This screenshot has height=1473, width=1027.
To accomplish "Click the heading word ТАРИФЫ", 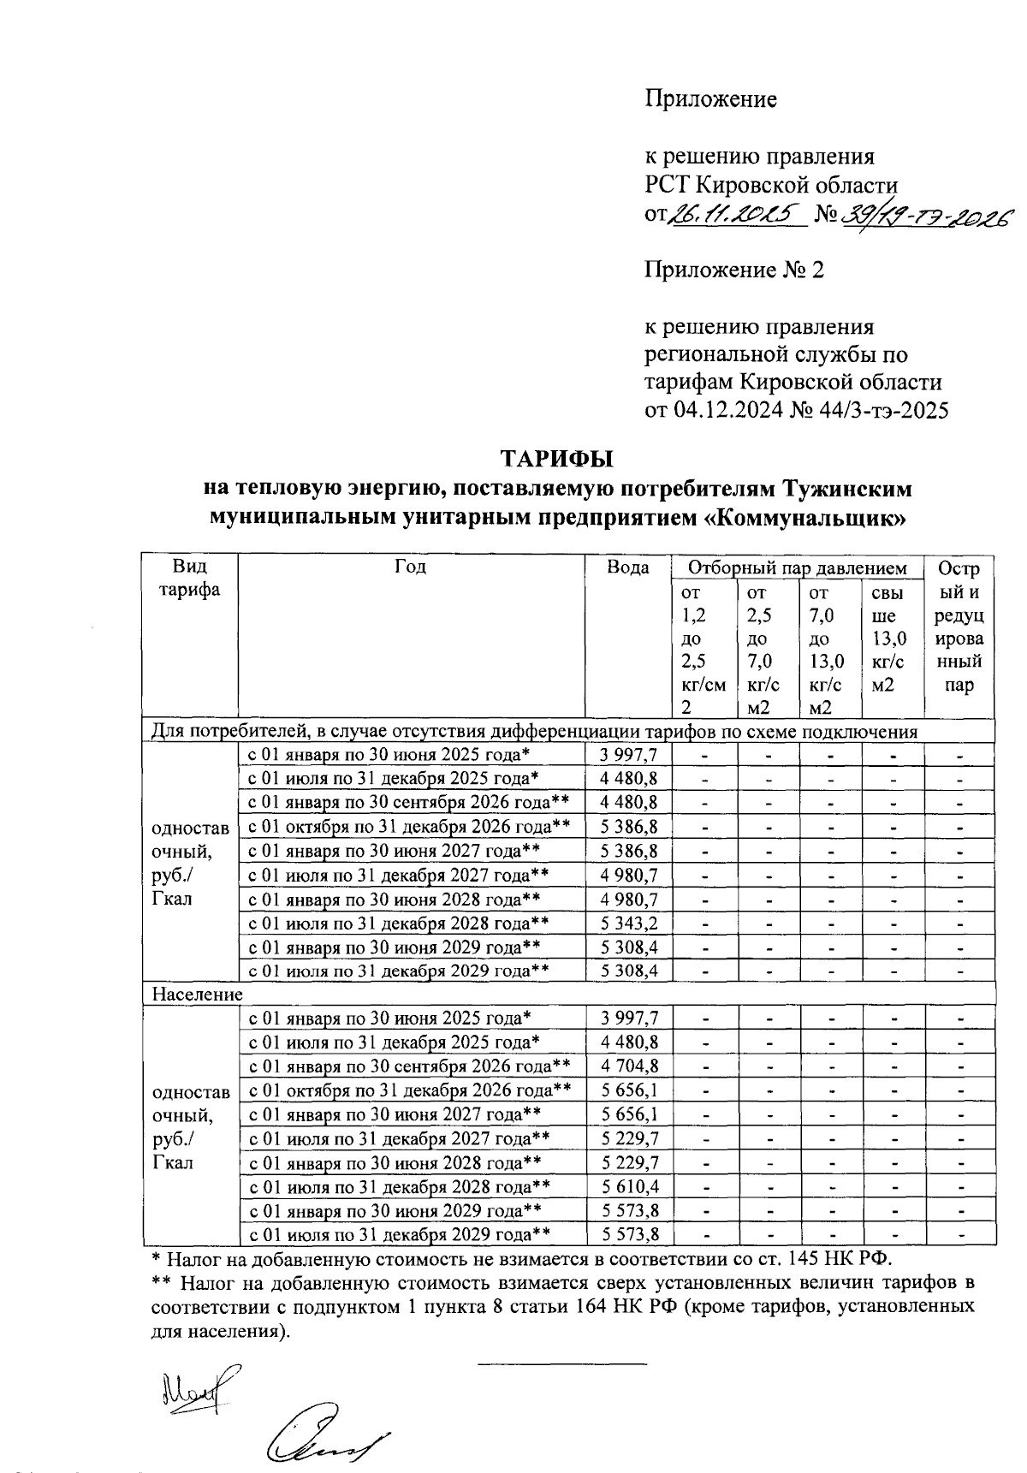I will point(557,460).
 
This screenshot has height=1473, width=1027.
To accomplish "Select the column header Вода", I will point(627,568).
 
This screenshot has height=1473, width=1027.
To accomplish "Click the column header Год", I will point(411,567).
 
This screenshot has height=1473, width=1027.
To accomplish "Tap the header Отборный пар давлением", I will point(798,568).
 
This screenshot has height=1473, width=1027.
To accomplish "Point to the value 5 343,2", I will point(629,924).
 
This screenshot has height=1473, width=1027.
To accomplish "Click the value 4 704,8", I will point(629,1066).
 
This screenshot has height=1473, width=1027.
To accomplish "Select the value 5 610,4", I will point(629,1187).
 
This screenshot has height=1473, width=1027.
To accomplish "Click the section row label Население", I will point(198,995).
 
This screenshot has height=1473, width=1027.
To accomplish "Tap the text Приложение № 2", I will point(733,271).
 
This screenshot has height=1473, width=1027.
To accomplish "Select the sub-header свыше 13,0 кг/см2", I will point(888,638).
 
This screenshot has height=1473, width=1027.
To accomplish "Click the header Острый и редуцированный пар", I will point(959,627).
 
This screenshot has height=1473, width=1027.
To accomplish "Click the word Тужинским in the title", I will point(847,490).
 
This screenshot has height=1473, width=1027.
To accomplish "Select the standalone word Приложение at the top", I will point(710,100).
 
